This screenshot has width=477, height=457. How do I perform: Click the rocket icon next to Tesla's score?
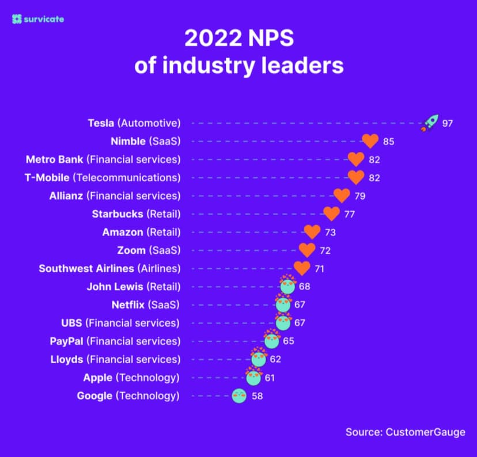[x=429, y=123]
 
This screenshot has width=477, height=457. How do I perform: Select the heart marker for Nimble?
[x=370, y=141]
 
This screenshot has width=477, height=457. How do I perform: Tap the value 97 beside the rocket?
[x=448, y=123]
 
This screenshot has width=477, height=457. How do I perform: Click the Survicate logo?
[x=38, y=19]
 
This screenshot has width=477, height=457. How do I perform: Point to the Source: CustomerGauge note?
[x=405, y=432]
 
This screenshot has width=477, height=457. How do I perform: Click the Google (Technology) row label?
[x=128, y=395]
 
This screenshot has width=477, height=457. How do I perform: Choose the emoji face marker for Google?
[x=239, y=395]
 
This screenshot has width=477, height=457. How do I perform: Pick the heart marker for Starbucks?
[x=331, y=214]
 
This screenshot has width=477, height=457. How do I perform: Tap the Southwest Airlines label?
[x=109, y=268]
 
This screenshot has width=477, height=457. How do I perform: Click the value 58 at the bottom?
[x=258, y=396]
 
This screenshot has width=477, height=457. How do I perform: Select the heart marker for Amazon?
[x=312, y=233]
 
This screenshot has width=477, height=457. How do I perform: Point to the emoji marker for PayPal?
[x=271, y=340]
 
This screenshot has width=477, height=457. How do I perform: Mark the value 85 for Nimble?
[x=389, y=142]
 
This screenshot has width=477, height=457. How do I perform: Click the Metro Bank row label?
[x=103, y=159]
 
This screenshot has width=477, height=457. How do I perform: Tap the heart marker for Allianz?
[x=342, y=196]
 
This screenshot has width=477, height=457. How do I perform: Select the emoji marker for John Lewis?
[x=287, y=285]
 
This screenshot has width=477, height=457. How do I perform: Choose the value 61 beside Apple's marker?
[x=270, y=378]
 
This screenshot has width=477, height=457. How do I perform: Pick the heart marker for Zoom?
[x=307, y=250]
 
